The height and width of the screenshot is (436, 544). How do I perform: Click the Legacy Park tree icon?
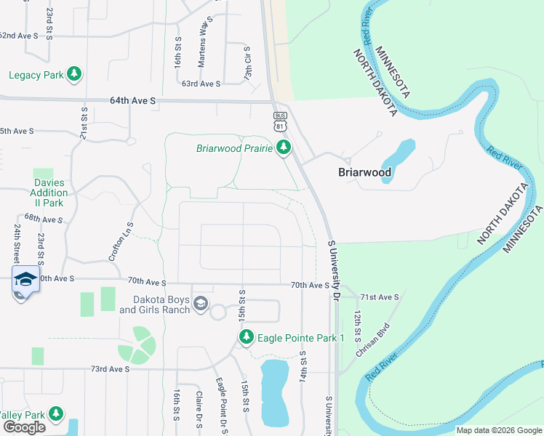pyautogui.click(x=73, y=74)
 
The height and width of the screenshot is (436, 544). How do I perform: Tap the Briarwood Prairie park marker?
pyautogui.click(x=283, y=148)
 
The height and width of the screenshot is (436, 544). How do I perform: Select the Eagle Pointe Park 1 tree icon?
pyautogui.click(x=247, y=338)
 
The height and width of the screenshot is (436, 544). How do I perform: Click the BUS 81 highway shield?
pyautogui.click(x=280, y=121)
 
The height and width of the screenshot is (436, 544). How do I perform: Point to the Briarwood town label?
pyautogui.click(x=365, y=173)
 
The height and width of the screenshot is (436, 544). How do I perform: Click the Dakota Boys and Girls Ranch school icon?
pyautogui.click(x=201, y=304)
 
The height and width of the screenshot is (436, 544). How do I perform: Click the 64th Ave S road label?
pyautogui.click(x=133, y=101)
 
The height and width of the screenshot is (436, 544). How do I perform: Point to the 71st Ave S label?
pyautogui.click(x=382, y=297)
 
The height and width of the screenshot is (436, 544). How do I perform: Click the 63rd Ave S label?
pyautogui.click(x=201, y=84)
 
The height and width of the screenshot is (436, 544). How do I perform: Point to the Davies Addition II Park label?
pyautogui.click(x=50, y=193)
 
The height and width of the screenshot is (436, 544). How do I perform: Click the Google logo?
pyautogui.click(x=24, y=427)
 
